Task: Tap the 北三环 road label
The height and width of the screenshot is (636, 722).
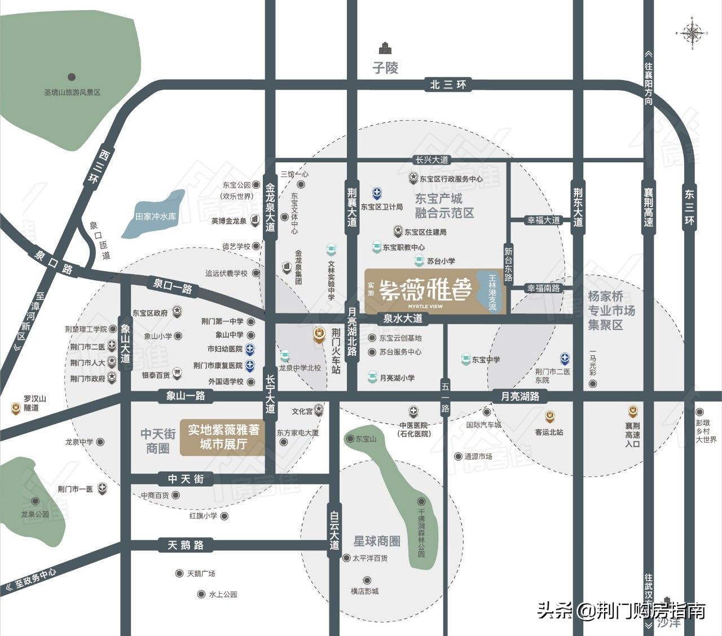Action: pyautogui.click(x=448, y=85)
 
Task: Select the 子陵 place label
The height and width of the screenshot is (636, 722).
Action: pyautogui.click(x=385, y=68)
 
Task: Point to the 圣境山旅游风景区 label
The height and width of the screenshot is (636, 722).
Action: pyautogui.click(x=72, y=92)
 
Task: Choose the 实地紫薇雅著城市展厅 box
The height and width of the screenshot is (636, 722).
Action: pyautogui.click(x=222, y=437)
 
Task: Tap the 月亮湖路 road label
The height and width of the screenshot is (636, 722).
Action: pyautogui.click(x=521, y=396)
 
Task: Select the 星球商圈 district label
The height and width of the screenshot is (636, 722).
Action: pyautogui.click(x=376, y=541)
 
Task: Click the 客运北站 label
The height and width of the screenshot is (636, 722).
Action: pyautogui.click(x=549, y=432)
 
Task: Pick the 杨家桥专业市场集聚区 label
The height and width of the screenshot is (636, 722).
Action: pyautogui.click(x=611, y=311)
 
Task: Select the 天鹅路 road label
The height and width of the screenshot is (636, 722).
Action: pyautogui.click(x=186, y=545)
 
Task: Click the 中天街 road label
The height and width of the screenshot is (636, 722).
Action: pyautogui.click(x=186, y=479)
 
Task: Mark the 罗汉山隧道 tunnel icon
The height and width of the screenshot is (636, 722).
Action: pyautogui.click(x=15, y=406)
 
